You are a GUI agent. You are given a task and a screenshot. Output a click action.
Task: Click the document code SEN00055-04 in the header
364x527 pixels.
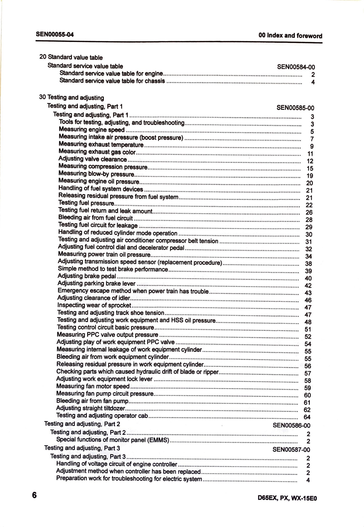(55, 34)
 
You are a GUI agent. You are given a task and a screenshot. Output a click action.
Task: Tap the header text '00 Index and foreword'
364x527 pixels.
(290, 36)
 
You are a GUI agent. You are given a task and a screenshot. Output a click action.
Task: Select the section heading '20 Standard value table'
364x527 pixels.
(71, 57)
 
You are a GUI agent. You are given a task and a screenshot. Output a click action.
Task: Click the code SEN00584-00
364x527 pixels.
(296, 67)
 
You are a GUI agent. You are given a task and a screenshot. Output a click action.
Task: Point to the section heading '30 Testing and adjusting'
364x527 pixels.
(72, 97)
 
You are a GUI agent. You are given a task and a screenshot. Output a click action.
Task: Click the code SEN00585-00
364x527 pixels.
(295, 108)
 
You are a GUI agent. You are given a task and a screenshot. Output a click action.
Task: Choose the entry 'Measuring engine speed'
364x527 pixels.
(92, 130)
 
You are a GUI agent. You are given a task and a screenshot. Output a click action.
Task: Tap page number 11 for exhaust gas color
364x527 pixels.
(310, 154)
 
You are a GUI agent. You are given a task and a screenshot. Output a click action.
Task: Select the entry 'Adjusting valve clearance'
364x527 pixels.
(92, 159)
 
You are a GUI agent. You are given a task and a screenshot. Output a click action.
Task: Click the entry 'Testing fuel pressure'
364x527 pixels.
(86, 203)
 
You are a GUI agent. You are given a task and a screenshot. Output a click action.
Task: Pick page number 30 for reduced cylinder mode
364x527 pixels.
(309, 235)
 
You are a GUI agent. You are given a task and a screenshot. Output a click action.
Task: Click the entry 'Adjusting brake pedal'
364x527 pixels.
(87, 276)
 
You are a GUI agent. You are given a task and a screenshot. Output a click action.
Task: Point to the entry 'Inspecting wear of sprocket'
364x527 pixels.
(94, 305)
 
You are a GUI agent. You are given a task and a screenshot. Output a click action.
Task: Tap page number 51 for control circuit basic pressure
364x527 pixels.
(308, 330)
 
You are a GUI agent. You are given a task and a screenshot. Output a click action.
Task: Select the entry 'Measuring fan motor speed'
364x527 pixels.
(93, 386)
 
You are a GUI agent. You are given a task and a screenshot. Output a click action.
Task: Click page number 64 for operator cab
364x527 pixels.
(307, 417)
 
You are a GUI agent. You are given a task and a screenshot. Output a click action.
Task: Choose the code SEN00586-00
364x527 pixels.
(291, 425)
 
